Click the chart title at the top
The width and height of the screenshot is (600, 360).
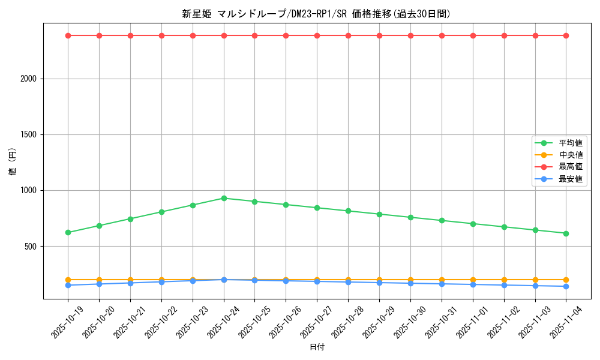[316, 14]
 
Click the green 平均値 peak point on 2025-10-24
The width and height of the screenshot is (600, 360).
[224, 198]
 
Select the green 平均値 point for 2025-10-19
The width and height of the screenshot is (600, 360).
[68, 232]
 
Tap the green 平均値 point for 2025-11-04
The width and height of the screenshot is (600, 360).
[566, 233]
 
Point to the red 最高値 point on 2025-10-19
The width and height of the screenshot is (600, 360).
[68, 35]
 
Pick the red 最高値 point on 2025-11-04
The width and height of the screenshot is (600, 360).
[566, 35]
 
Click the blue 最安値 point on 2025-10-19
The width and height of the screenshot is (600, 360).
[68, 285]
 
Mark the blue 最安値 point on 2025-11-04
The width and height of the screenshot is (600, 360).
[566, 286]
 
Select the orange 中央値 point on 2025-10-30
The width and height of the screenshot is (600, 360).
[410, 280]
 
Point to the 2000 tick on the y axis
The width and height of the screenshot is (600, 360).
[29, 79]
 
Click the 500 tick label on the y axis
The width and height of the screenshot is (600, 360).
[31, 247]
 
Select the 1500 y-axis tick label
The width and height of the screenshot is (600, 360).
[29, 134]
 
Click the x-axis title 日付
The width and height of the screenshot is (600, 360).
[317, 347]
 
